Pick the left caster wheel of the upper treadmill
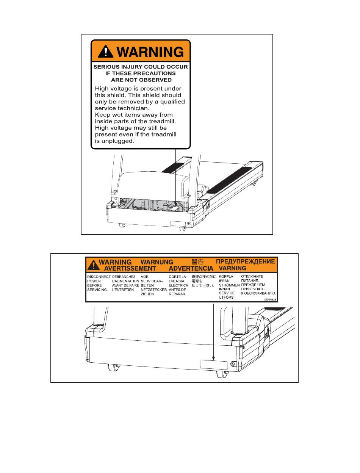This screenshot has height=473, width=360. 122,225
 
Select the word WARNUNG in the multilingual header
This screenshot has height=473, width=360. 157,262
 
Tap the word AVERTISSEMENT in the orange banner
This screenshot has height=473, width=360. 125,268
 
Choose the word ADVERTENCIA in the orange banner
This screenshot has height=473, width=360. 191,268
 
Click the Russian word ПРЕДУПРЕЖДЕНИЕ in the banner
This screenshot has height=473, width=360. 245,262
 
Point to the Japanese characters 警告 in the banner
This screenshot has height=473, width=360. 197,262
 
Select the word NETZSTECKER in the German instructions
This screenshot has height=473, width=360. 153,289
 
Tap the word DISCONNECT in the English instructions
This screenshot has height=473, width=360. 99,277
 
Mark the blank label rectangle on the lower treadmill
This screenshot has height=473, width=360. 213,365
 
